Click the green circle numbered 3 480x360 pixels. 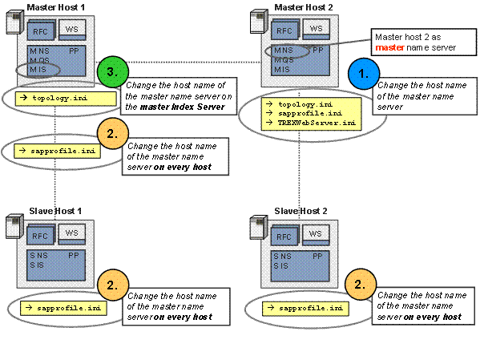[113, 72]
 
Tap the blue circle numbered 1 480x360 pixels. [364, 74]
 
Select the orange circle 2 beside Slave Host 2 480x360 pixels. [361, 285]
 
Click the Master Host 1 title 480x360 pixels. [56, 7]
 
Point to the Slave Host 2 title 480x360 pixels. [301, 211]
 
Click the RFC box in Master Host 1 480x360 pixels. [41, 30]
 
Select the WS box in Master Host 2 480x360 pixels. [317, 29]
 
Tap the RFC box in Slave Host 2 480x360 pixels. [284, 236]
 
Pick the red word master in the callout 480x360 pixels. [389, 48]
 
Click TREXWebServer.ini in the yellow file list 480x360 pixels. [317, 123]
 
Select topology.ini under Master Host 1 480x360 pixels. [59, 98]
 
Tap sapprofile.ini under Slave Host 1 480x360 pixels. [69, 308]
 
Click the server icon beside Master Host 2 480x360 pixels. [259, 21]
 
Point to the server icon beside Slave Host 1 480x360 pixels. [14, 226]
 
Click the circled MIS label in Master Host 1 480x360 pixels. [38, 70]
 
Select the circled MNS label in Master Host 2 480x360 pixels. [284, 51]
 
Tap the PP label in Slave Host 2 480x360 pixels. [317, 256]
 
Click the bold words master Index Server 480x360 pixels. [183, 107]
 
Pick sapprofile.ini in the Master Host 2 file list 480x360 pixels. [310, 113]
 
